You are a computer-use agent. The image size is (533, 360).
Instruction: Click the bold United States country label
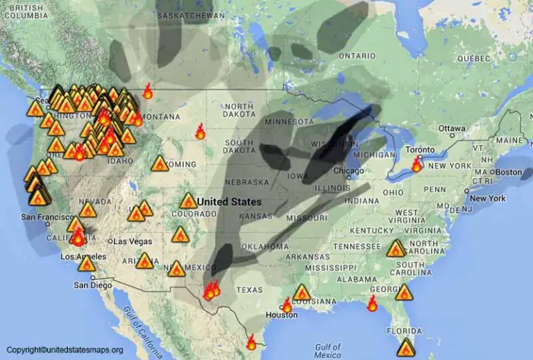(229, 202)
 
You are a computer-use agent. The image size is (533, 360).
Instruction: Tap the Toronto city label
(421, 151)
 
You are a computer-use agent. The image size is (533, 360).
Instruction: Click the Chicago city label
(347, 171)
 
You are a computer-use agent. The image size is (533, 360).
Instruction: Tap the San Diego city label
(92, 285)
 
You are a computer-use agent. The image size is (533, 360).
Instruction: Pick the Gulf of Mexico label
(327, 350)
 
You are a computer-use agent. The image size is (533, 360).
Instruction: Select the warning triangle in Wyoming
(160, 164)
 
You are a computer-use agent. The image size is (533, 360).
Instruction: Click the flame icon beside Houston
(287, 305)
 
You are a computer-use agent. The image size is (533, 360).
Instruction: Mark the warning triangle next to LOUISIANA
(302, 293)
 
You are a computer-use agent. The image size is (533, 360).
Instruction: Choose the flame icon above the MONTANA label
(148, 91)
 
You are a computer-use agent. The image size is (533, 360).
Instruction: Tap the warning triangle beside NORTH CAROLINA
(396, 248)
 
